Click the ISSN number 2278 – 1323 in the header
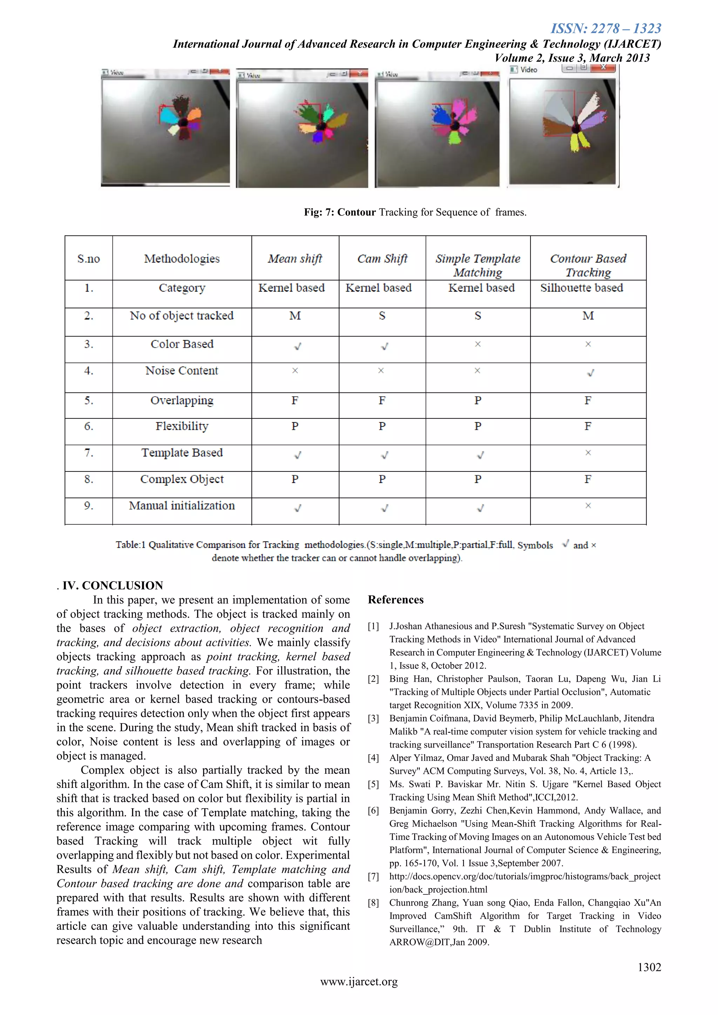coord(606,29)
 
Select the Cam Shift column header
coord(382,259)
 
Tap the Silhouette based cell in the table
coord(581,288)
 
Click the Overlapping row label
coord(182,401)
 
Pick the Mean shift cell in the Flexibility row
coord(295,427)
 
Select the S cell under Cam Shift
coord(382,316)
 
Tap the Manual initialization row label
coord(182,506)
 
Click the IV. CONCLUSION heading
coord(113,586)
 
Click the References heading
coord(396,600)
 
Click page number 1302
coord(649,967)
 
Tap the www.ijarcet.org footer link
coord(359,982)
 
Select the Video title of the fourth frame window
coord(529,70)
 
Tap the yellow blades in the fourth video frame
coord(580,142)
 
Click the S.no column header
coord(88,259)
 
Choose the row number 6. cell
coord(88,427)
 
